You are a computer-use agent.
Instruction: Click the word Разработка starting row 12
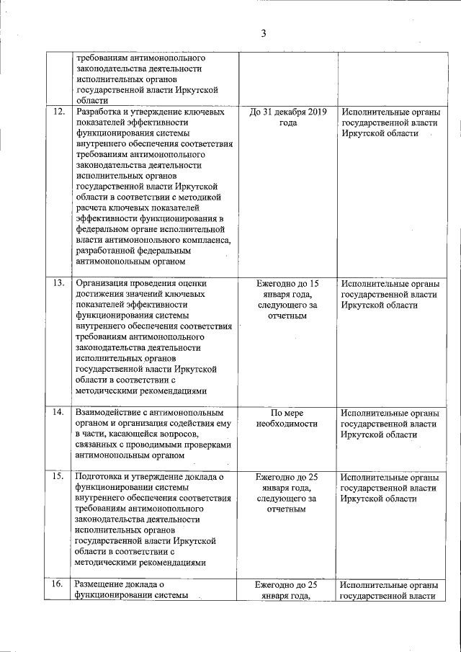101,112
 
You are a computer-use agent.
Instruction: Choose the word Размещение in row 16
102,584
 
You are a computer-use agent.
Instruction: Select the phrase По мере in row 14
287,413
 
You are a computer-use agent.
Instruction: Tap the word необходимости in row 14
287,424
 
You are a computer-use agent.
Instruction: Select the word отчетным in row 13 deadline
287,316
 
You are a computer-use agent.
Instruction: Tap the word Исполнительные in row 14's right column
374,413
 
